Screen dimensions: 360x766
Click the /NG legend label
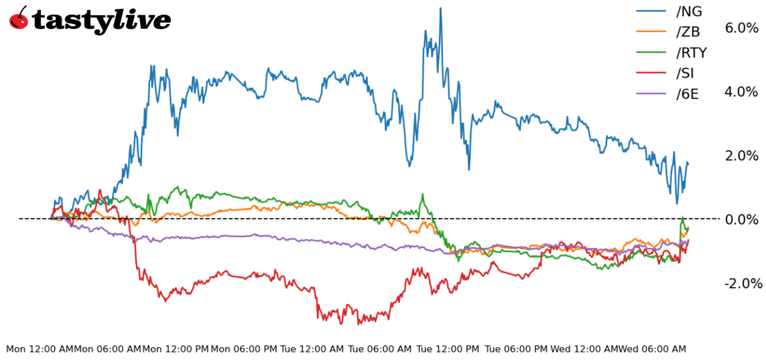coord(690,11)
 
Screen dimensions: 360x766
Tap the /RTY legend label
coord(692,52)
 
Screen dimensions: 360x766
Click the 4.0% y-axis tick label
coord(741,92)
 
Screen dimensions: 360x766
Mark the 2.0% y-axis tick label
coord(741,156)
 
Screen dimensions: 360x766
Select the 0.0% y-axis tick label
coord(741,219)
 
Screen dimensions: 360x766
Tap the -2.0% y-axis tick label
coord(743,284)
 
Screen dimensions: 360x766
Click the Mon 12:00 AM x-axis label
coord(40,349)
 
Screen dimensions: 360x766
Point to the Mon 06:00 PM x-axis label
coord(244,349)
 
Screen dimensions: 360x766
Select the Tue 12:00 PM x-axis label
coord(448,349)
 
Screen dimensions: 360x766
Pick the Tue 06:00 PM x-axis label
coord(516,349)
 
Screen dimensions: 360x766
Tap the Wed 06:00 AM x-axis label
coord(652,349)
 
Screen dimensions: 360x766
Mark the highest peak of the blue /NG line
coord(440,9)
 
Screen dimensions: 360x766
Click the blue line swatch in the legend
coord(651,11)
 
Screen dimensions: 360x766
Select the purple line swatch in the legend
coord(651,94)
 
